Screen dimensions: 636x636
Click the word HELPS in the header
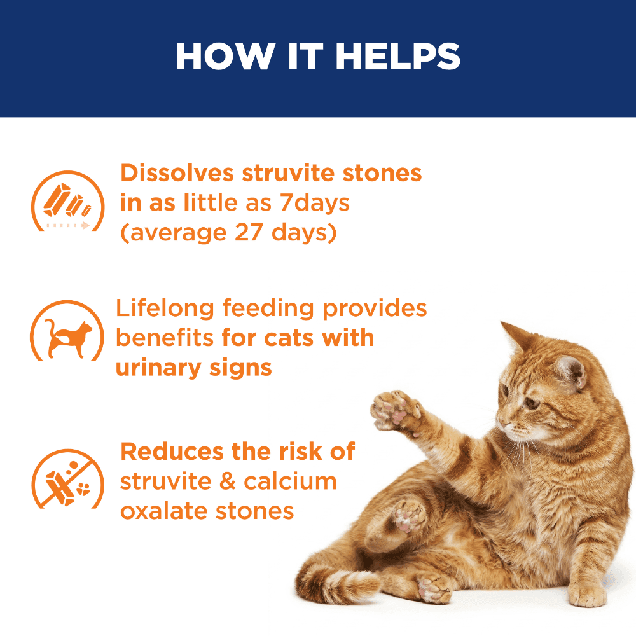click(397, 56)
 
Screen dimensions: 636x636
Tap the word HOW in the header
click(226, 56)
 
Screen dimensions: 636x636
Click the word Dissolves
click(177, 173)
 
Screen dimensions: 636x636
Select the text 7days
click(314, 204)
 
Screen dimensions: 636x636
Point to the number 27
click(249, 232)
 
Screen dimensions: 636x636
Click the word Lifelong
click(165, 309)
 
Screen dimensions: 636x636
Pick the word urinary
click(158, 369)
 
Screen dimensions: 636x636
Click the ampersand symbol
click(228, 481)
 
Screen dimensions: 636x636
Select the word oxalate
click(165, 511)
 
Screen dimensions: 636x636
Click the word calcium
click(290, 481)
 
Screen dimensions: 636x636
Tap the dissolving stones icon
click(67, 201)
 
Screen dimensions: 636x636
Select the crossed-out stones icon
click(67, 479)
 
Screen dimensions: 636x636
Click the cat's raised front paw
click(394, 410)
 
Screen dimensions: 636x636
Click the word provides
click(375, 309)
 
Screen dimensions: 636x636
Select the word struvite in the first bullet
click(288, 173)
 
